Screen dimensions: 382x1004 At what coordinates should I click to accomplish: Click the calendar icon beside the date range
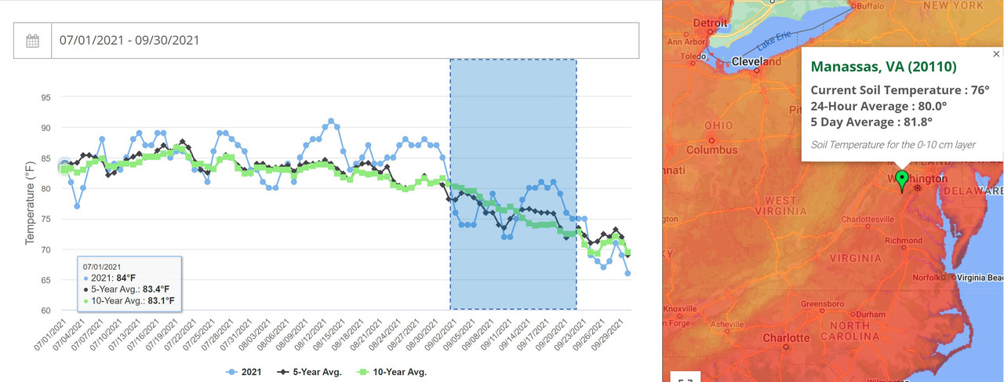point(33,41)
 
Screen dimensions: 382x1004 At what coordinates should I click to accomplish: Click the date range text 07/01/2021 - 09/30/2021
point(129,41)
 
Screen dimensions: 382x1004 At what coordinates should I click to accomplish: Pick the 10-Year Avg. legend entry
point(394,371)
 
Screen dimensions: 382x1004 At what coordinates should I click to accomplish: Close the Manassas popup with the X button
point(996,54)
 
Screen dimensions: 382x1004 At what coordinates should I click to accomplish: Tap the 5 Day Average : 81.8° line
point(870,122)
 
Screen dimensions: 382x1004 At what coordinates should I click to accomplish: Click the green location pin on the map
point(901,180)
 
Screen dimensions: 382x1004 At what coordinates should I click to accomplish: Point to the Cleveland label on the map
point(756,61)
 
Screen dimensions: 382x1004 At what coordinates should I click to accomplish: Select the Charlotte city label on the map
point(787,338)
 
